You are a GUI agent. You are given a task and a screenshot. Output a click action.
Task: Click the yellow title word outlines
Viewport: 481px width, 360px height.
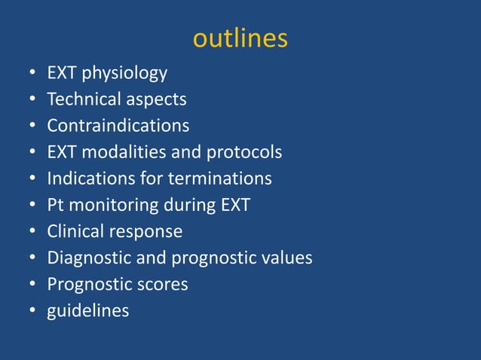point(240,38)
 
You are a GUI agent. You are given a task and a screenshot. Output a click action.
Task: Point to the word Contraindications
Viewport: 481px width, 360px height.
point(118,125)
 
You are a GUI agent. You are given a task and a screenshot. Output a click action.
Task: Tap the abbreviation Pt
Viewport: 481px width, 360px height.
point(55,205)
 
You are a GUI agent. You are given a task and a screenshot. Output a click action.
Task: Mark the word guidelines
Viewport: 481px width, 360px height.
point(87,310)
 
